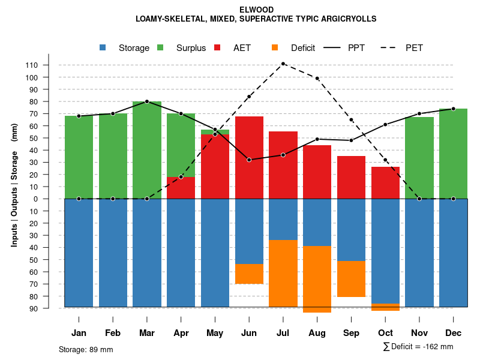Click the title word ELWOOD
(256, 10)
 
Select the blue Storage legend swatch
(103, 48)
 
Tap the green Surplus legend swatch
(161, 48)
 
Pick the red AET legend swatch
(218, 48)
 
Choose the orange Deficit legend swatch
(275, 48)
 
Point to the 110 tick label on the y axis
(49, 65)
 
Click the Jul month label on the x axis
(283, 333)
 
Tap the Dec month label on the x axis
(453, 333)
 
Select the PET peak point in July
(283, 64)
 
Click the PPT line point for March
(147, 101)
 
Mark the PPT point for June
(249, 160)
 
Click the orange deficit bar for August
(317, 279)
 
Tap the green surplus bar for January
(79, 157)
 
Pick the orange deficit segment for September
(351, 279)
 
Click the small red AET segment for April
(181, 188)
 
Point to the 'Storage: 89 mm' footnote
(86, 349)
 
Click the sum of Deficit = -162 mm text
(418, 347)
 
